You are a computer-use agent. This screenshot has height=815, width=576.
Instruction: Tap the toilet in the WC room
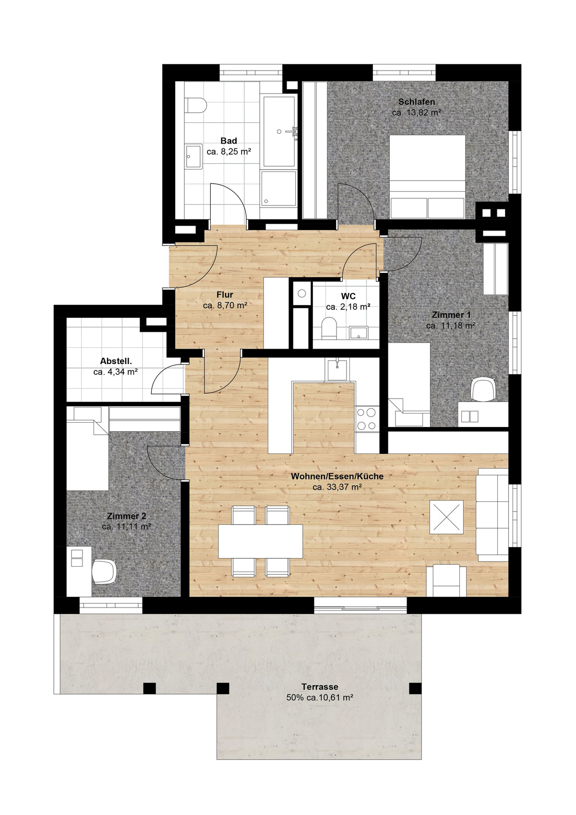(329, 328)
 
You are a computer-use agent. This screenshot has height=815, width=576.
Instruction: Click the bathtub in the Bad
(279, 131)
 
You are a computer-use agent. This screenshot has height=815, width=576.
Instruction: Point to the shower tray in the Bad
(278, 189)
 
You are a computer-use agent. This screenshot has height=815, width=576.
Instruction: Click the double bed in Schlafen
(427, 176)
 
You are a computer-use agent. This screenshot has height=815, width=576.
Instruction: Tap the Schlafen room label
(417, 102)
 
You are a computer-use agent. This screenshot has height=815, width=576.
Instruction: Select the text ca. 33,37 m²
(336, 487)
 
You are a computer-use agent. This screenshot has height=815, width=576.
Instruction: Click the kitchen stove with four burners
(367, 418)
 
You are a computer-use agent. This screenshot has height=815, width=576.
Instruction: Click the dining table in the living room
(261, 541)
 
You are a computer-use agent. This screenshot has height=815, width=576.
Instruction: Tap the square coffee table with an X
(446, 517)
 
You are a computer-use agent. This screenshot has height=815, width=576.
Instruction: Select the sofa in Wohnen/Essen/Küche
(492, 515)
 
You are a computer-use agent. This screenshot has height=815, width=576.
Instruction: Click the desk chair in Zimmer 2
(104, 572)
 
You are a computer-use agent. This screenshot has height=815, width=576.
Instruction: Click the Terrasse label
(320, 687)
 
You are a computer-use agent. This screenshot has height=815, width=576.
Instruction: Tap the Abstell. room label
(116, 361)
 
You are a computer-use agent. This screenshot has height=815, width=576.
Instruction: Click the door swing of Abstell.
(167, 379)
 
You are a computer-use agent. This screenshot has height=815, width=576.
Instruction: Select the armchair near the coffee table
(446, 580)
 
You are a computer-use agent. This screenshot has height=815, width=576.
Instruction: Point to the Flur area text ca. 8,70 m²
(225, 305)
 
